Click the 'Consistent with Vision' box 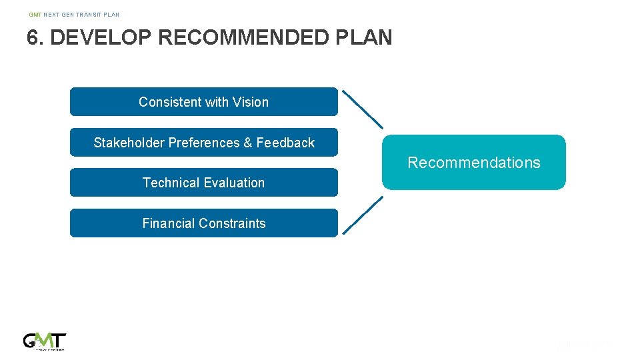203,102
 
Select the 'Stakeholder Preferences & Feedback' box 203,143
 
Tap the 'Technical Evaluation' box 203,183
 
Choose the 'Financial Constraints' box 203,223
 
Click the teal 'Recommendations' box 473,163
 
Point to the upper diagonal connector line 363,109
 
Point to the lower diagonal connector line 363,215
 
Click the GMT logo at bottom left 45,341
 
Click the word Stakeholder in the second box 129,143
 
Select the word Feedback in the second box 285,143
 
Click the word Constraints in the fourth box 233,223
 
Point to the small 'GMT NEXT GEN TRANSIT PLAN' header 74,14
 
